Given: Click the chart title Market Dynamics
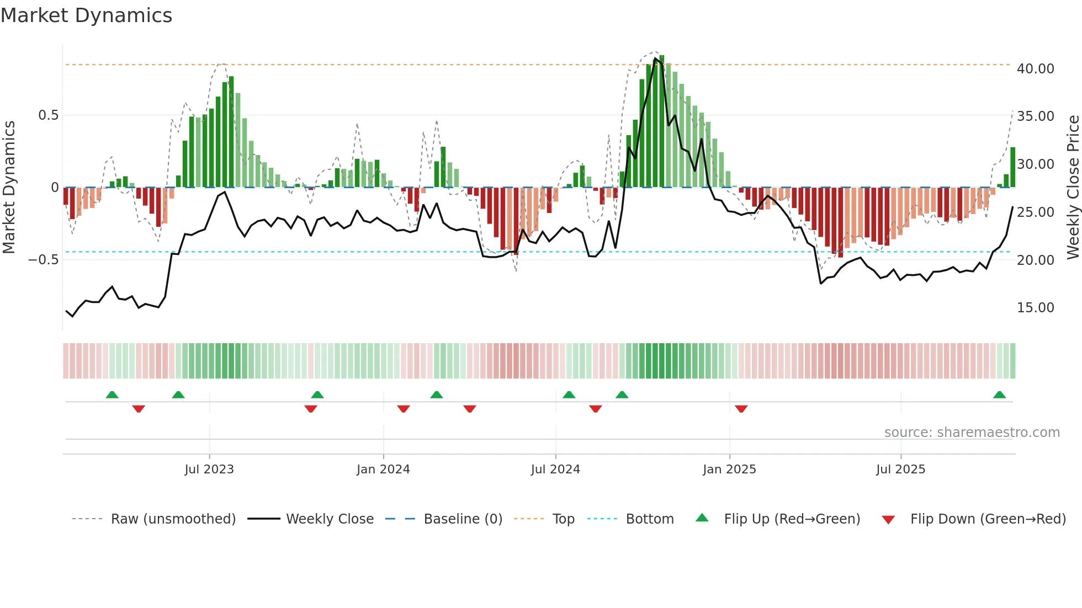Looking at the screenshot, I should (x=86, y=15).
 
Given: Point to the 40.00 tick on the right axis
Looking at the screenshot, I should (x=1035, y=69).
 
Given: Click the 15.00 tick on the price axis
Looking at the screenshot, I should (x=1035, y=308).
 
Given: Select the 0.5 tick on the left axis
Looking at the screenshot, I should (x=48, y=115).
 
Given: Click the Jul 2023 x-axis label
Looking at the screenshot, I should (x=209, y=470).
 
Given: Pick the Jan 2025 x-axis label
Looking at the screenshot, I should (x=729, y=470).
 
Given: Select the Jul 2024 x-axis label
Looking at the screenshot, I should (x=555, y=470).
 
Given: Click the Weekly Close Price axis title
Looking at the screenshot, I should (x=1073, y=188).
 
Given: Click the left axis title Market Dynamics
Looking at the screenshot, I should (x=9, y=188).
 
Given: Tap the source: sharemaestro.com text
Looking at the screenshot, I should (x=972, y=433).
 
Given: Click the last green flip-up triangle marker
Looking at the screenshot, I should (x=999, y=395).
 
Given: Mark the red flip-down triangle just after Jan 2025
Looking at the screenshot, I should (x=741, y=409).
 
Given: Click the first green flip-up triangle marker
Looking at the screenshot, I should (x=112, y=395).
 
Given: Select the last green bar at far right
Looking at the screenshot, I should (x=1012, y=167).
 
